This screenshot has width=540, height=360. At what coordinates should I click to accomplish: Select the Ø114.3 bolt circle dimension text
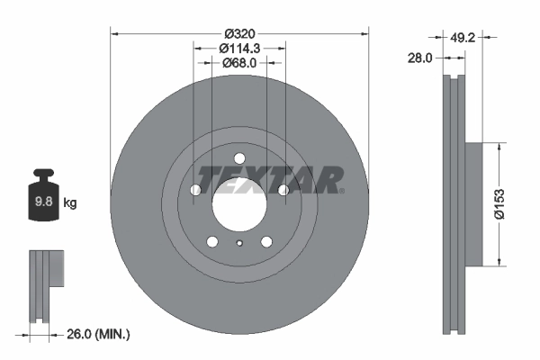pos(239,47)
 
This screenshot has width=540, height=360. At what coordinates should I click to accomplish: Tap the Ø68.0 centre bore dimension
pos(239,62)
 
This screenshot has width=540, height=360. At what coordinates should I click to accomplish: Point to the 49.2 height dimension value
pos(464,37)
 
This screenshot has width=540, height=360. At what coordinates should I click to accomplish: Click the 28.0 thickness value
pos(421,57)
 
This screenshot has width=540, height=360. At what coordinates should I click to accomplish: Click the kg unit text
pos(70,203)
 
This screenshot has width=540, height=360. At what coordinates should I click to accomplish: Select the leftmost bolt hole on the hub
pos(195,190)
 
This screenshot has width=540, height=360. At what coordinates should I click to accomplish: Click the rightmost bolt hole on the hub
pos(283,189)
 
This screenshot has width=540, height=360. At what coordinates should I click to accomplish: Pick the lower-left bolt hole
pos(212,241)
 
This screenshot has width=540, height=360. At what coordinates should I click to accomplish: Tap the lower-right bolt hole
pos(266,241)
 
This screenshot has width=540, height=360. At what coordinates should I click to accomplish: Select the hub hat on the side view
pos(472,203)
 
